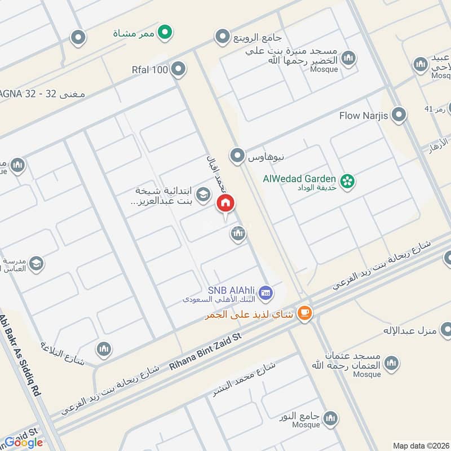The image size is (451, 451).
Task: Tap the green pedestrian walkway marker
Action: point(164,32)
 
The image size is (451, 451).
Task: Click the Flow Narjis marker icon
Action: point(400,116)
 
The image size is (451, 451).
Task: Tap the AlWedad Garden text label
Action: point(299,179)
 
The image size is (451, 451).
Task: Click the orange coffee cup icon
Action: point(304,313)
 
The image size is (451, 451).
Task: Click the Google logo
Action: point(24,443)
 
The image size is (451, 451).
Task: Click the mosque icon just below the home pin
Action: point(238,233)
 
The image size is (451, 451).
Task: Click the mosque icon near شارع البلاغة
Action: point(103,350)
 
